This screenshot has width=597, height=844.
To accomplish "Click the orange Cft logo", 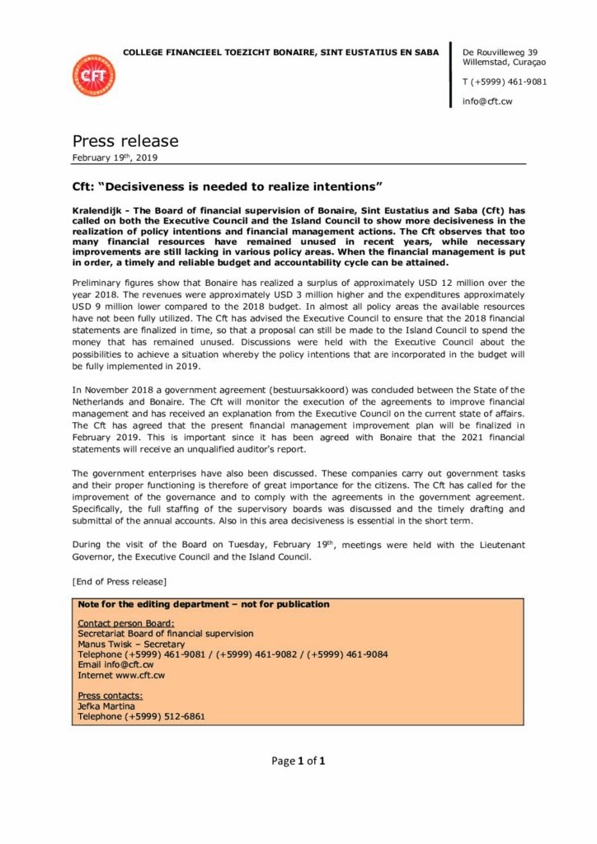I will coord(94,76).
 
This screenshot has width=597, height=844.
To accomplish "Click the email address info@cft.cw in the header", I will coord(488,101).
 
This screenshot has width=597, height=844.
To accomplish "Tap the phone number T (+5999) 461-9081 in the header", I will coord(504,82).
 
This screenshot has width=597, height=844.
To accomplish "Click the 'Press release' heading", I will coord(125,141).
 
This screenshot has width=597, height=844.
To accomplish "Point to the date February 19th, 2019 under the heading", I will coord(115,157).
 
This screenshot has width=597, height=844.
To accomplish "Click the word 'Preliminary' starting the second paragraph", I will coord(100,282).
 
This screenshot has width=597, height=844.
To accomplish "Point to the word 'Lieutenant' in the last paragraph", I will coord(496,545).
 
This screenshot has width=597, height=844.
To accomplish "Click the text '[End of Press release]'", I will coord(120,582).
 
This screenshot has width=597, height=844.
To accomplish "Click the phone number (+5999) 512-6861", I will coord(165,716).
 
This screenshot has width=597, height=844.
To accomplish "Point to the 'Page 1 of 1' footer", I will coord(298,761).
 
